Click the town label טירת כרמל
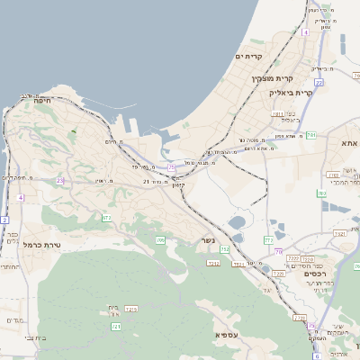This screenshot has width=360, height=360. (x=40, y=244)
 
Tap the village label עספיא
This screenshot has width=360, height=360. (x=225, y=334)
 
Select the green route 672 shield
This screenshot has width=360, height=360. (x=107, y=218)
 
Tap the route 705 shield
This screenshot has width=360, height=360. (x=160, y=240)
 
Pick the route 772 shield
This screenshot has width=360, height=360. (x=268, y=240)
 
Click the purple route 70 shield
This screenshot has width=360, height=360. (x=279, y=251)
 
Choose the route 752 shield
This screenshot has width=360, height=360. (x=225, y=249)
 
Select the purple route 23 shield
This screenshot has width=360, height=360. (x=60, y=181)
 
